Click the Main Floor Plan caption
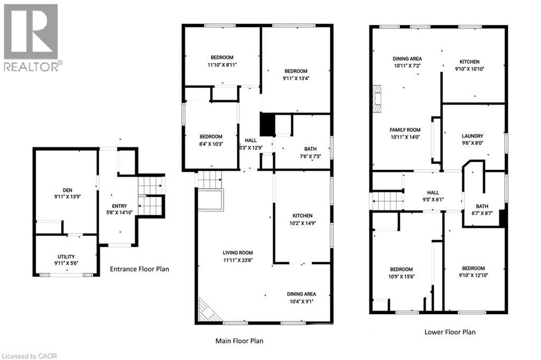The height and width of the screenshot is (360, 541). coord(239,341)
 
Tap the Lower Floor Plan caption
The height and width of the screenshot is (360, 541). coord(450,332)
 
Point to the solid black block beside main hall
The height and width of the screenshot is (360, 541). coord(268,124)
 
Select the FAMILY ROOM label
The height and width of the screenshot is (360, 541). coord(405,133)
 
